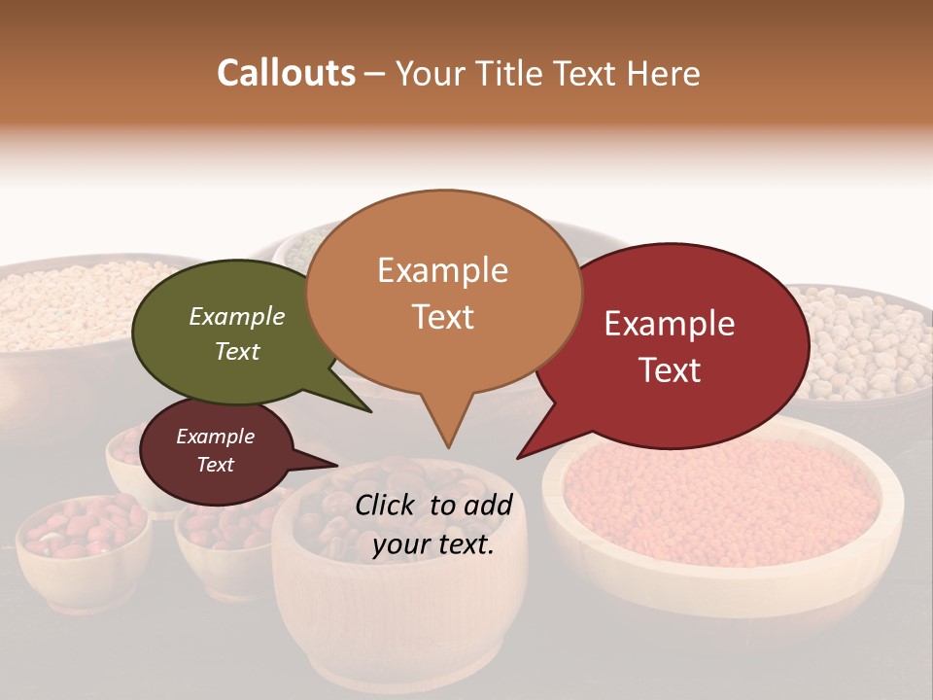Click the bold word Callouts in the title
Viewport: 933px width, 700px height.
point(286,73)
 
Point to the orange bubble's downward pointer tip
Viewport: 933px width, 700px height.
point(448,446)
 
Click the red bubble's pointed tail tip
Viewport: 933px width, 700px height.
point(519,457)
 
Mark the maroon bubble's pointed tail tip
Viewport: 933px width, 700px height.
point(336,465)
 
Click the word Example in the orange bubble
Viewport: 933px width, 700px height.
point(443,270)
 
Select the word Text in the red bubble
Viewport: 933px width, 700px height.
point(671,370)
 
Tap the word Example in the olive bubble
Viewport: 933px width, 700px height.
point(237,317)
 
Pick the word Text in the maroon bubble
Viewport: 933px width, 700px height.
point(216,465)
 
